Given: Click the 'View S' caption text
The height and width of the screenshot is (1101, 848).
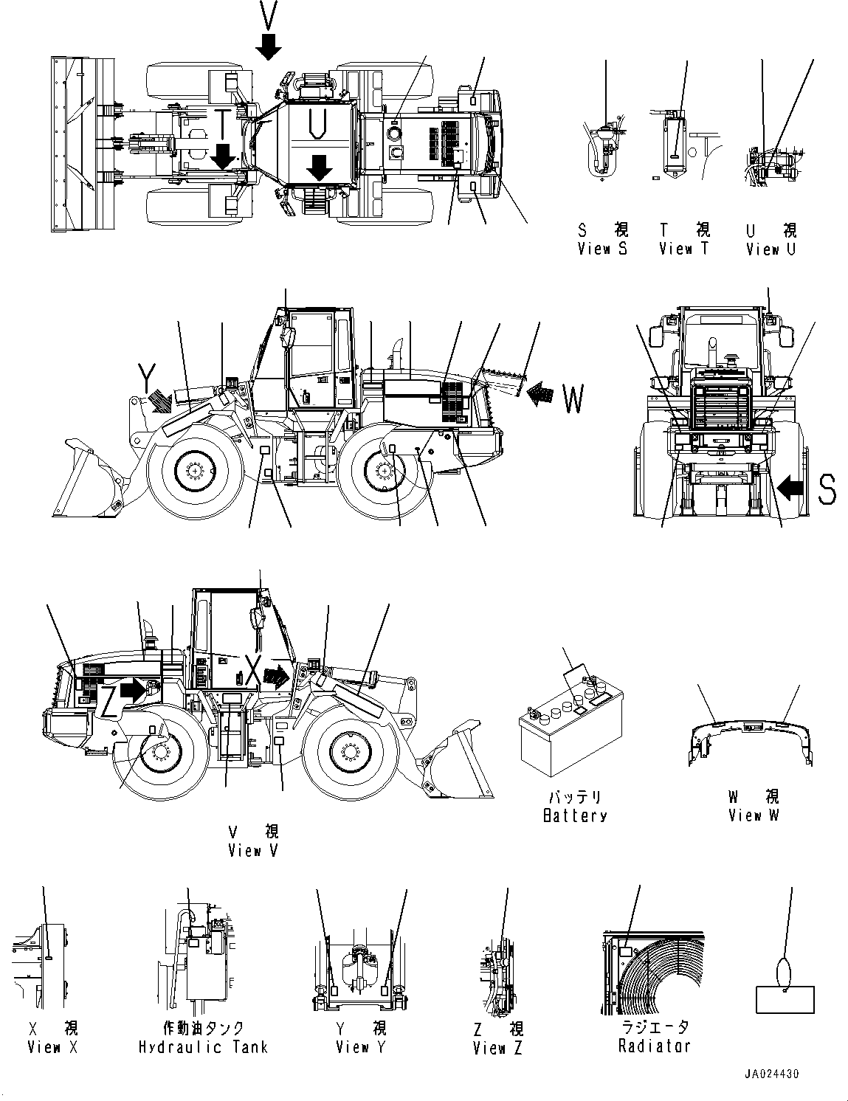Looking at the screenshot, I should click(602, 249).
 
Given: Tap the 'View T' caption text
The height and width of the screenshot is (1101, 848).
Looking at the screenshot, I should click(683, 249).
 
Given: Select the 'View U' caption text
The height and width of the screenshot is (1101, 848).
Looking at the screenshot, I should click(771, 249).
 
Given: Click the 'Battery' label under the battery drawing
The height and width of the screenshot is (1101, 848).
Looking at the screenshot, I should click(574, 815).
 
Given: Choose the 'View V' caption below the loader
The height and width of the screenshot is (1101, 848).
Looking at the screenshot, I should click(254, 850).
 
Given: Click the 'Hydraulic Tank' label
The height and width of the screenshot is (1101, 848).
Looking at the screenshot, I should click(203, 1046).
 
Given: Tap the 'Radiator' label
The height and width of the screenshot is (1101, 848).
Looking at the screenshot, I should click(655, 1046).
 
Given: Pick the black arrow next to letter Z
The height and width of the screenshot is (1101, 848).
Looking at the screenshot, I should click(133, 690).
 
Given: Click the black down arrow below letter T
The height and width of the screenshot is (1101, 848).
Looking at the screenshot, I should click(222, 155).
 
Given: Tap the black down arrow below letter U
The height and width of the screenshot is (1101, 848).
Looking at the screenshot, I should click(318, 167).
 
